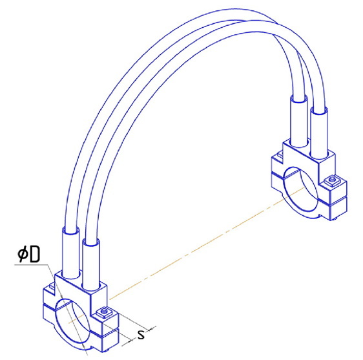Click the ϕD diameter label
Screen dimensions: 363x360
[29, 254]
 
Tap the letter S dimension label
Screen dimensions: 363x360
[141, 335]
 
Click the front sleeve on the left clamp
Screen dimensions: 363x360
[92, 265]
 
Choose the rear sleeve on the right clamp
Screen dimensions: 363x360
[299, 121]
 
